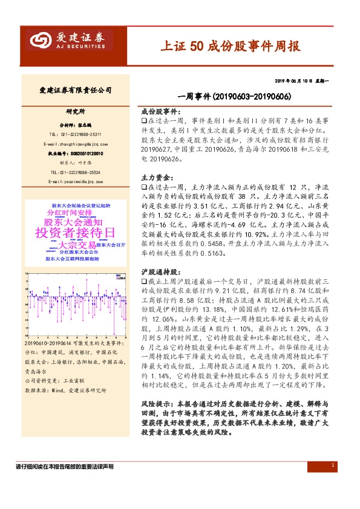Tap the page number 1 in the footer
tap(333, 465)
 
